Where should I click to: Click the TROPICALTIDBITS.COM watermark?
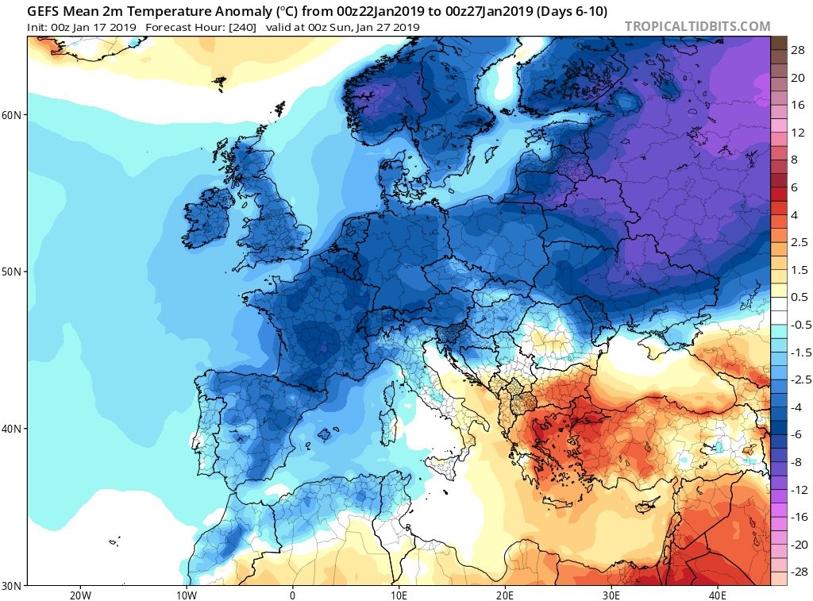click(697, 26)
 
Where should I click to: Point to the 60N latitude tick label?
click(11, 114)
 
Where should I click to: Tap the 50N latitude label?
click(11, 272)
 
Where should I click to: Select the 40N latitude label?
click(11, 429)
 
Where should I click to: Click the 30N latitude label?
click(11, 586)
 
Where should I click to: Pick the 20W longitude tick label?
click(80, 595)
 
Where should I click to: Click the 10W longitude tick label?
click(186, 595)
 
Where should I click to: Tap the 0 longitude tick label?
click(292, 595)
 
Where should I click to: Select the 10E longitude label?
click(399, 595)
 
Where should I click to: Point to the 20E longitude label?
click(504, 595)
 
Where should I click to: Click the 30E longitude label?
click(611, 595)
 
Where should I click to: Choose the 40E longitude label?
click(717, 595)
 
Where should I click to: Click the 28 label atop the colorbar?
click(797, 50)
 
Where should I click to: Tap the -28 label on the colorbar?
click(799, 572)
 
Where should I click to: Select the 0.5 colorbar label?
click(799, 297)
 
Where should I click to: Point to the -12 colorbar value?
click(799, 490)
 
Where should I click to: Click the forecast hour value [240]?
click(242, 27)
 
